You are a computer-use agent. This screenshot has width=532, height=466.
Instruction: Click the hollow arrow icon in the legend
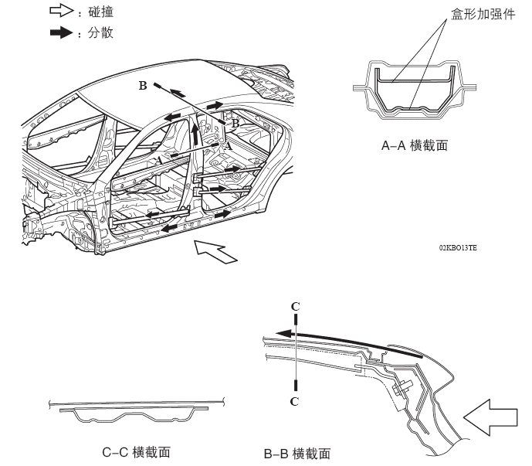(x=59, y=13)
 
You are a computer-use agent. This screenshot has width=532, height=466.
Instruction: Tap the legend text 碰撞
(x=99, y=13)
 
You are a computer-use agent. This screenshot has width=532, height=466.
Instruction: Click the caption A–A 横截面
(x=415, y=145)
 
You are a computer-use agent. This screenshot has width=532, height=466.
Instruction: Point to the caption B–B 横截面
(x=297, y=453)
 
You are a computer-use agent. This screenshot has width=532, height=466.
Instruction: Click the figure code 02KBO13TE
(x=458, y=247)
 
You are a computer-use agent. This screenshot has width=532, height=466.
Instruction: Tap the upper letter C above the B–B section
(x=295, y=306)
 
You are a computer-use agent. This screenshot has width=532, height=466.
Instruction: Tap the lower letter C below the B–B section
(x=295, y=401)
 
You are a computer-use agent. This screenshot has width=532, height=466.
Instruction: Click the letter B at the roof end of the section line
(x=143, y=86)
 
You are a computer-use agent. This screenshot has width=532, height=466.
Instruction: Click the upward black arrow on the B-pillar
(x=195, y=137)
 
